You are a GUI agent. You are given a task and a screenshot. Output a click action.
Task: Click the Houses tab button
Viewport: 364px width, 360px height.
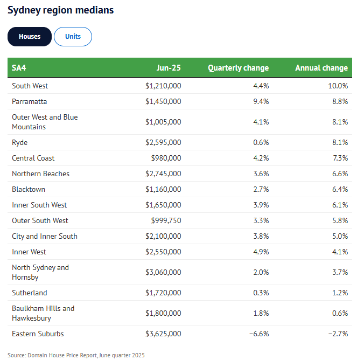pos(30,37)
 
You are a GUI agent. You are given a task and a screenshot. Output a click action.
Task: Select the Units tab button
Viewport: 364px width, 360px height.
pos(73,37)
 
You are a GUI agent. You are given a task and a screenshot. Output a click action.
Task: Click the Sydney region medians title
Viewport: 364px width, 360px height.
pos(60,10)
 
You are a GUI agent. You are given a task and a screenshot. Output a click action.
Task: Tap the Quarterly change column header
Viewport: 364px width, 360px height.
pos(238,68)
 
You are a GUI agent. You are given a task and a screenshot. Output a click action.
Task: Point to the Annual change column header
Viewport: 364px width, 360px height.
pos(321,68)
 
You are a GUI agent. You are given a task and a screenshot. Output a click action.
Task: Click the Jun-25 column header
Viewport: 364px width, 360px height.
pos(169,68)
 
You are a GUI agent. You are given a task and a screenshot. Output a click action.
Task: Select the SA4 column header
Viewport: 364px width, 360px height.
pos(19,68)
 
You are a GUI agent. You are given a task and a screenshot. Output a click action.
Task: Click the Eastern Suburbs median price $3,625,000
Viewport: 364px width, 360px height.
pos(163,334)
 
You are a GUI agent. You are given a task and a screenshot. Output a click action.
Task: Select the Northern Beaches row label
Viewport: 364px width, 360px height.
pos(40,174)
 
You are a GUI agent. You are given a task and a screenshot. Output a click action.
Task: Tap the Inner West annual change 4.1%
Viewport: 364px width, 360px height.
pos(339,252)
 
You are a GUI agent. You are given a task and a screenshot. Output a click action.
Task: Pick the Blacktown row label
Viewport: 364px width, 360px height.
pos(29,189)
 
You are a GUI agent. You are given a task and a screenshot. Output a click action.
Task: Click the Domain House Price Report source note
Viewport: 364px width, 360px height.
pos(76,355)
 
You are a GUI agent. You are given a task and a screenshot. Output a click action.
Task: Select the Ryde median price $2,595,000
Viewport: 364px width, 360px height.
pos(163,143)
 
